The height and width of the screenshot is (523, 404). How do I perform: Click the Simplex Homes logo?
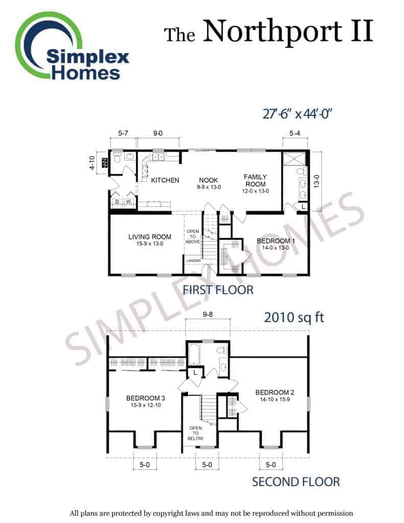point(72,46)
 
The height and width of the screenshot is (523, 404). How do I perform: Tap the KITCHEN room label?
point(165,180)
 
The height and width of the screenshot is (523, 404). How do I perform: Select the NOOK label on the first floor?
point(208,180)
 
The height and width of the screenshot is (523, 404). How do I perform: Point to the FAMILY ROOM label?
point(255,180)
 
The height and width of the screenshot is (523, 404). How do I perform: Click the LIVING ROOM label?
point(150,237)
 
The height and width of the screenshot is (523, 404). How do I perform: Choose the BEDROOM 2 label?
point(275,393)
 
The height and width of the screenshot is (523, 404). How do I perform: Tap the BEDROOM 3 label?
point(146,398)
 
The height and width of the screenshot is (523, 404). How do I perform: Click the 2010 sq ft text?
point(294,318)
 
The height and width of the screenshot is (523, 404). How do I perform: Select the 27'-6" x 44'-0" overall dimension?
point(297,114)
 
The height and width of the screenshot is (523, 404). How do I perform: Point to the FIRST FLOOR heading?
point(218,290)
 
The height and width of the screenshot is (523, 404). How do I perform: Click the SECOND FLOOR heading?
point(296,482)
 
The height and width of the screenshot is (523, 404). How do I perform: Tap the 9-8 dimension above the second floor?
point(207,314)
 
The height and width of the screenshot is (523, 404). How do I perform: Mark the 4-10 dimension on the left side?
point(92,163)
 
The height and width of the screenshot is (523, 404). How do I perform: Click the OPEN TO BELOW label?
point(196,433)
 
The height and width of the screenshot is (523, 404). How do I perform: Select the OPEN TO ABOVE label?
point(193,236)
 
